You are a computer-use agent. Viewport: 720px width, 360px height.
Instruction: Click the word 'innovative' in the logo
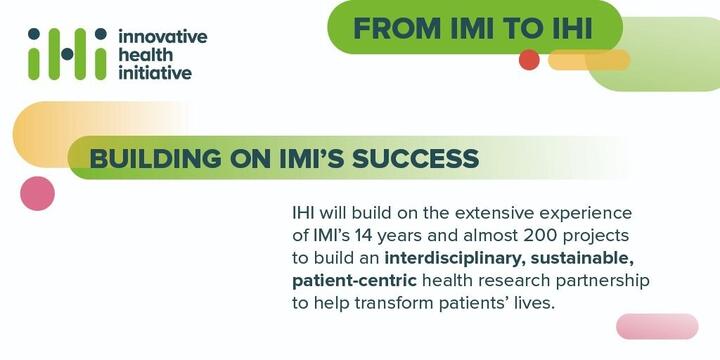pyautogui.click(x=163, y=37)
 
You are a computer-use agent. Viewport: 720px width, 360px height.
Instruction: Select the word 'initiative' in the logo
pyautogui.click(x=155, y=73)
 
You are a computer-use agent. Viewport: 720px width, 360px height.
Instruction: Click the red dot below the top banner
pyautogui.click(x=529, y=60)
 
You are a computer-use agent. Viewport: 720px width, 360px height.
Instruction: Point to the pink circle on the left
pyautogui.click(x=38, y=193)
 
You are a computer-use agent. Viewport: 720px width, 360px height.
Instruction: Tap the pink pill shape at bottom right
pyautogui.click(x=657, y=326)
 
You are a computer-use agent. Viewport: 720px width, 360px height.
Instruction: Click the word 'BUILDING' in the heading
pyautogui.click(x=155, y=159)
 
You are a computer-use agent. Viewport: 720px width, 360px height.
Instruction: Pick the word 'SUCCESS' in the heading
pyautogui.click(x=416, y=159)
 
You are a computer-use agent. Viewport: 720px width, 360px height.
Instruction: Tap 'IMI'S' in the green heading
pyautogui.click(x=312, y=159)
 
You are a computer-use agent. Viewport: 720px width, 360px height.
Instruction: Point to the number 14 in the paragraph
pyautogui.click(x=365, y=236)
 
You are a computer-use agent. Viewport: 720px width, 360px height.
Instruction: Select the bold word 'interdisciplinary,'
pyautogui.click(x=455, y=259)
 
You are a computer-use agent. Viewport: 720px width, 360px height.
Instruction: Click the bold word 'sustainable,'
pyautogui.click(x=582, y=259)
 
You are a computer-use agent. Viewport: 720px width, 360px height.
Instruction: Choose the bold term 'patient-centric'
pyautogui.click(x=354, y=281)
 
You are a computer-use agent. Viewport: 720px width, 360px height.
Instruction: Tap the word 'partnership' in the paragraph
pyautogui.click(x=602, y=281)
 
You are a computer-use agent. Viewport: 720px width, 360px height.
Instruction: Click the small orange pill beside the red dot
pyautogui.click(x=589, y=60)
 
